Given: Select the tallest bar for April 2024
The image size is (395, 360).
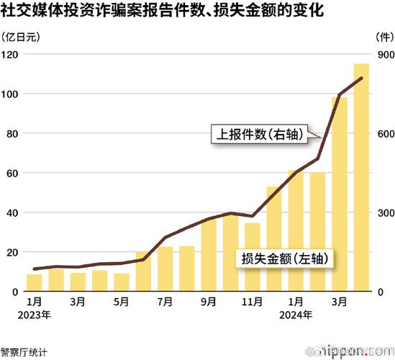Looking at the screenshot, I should [361, 180].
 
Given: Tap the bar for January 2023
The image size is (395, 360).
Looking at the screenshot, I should [34, 282].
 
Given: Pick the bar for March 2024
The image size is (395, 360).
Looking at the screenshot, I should [340, 194].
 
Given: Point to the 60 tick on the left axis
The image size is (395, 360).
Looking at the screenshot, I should [12, 174].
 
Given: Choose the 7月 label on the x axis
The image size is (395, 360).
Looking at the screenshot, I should [165, 302].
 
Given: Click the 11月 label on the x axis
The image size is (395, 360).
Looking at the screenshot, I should [251, 302].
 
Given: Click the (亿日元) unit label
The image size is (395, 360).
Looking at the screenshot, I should [22, 37].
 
